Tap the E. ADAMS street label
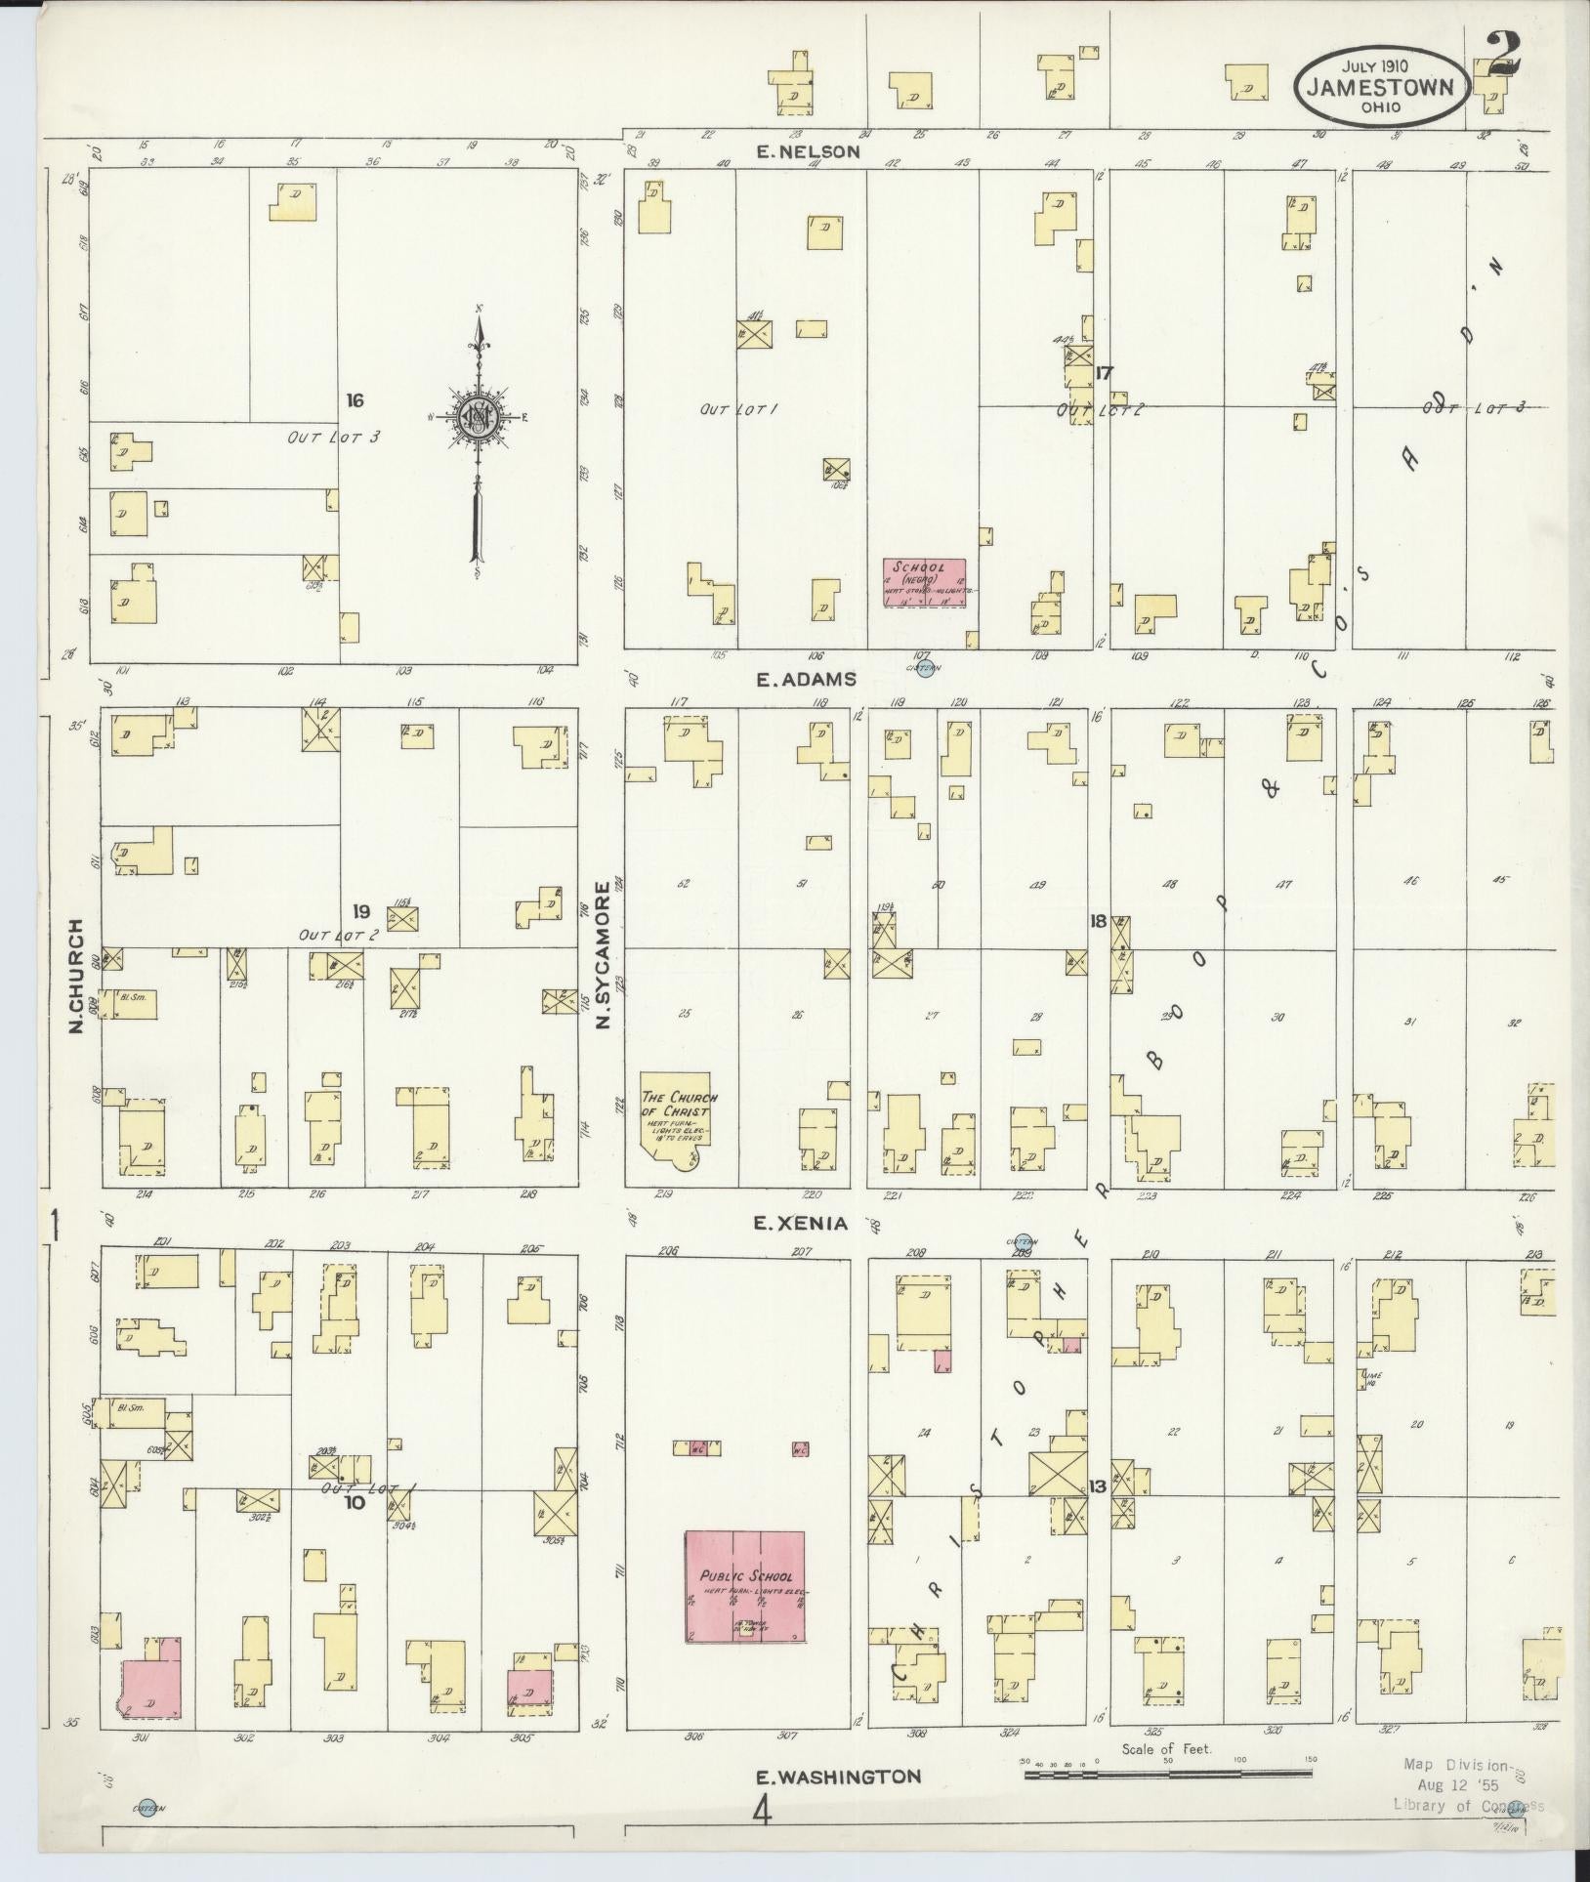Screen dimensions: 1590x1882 (x=806, y=679)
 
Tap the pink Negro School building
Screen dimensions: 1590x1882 (x=924, y=583)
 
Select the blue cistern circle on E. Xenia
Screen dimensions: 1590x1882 (x=1024, y=1241)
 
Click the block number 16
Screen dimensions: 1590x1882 (x=355, y=399)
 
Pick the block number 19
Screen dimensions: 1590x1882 (x=361, y=911)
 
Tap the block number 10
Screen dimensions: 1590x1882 (x=354, y=1502)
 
